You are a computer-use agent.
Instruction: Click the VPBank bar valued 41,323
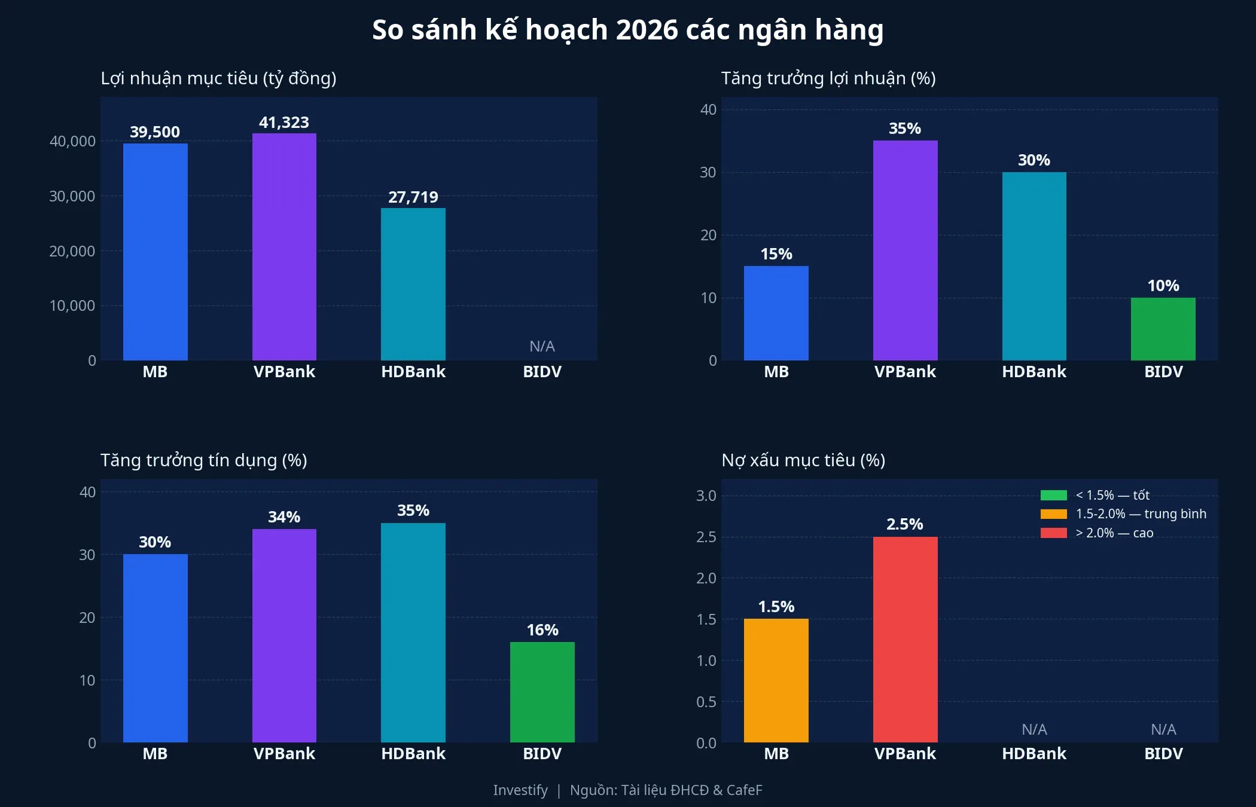[x=284, y=246]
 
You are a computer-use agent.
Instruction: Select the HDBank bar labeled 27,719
[x=413, y=284]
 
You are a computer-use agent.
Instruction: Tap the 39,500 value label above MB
[x=155, y=132]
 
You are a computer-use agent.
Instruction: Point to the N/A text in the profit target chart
[x=542, y=346]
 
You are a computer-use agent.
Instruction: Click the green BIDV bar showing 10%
[x=1163, y=329]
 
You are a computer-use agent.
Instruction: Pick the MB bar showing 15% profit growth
[x=776, y=313]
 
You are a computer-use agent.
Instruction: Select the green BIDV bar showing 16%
[x=542, y=692]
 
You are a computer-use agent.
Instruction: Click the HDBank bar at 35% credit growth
[x=413, y=632]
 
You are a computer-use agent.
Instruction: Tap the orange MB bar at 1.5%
[x=776, y=680]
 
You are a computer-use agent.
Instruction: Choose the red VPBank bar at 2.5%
[x=905, y=639]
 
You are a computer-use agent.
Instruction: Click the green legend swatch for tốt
[x=1053, y=495]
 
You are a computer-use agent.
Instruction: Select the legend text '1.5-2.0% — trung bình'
[x=1141, y=513]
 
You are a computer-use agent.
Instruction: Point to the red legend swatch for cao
[x=1053, y=533]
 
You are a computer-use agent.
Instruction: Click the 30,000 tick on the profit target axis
[x=72, y=196]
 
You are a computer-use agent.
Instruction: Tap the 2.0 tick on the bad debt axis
[x=706, y=578]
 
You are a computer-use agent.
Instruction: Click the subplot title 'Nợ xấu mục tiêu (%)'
[x=803, y=460]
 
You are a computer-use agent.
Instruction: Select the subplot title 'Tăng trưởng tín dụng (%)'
[x=203, y=460]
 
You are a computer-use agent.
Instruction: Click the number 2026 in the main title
[x=647, y=30]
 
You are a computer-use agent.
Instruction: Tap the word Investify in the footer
[x=520, y=790]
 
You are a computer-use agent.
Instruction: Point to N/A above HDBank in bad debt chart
[x=1034, y=729]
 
